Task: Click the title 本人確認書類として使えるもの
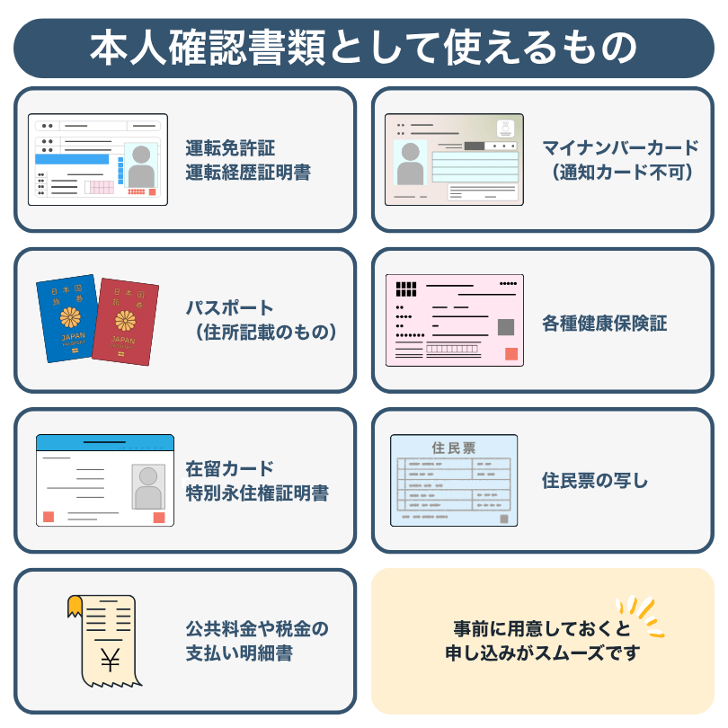(x=363, y=48)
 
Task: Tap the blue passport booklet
(x=67, y=318)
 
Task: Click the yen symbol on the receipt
(x=110, y=660)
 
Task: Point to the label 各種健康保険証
(x=605, y=324)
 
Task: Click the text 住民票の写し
(x=595, y=481)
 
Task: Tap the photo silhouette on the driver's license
(x=141, y=165)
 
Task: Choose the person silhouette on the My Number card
(x=410, y=164)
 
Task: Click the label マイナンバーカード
(x=621, y=148)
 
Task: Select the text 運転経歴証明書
(x=248, y=173)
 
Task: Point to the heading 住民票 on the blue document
(x=454, y=448)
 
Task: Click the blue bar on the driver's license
(x=72, y=159)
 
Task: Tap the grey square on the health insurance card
(x=506, y=327)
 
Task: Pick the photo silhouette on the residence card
(x=148, y=487)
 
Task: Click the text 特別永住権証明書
(x=257, y=493)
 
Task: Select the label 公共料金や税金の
(x=257, y=628)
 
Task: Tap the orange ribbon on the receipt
(x=75, y=607)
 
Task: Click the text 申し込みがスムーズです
(x=543, y=653)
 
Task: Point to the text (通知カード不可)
(x=622, y=173)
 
